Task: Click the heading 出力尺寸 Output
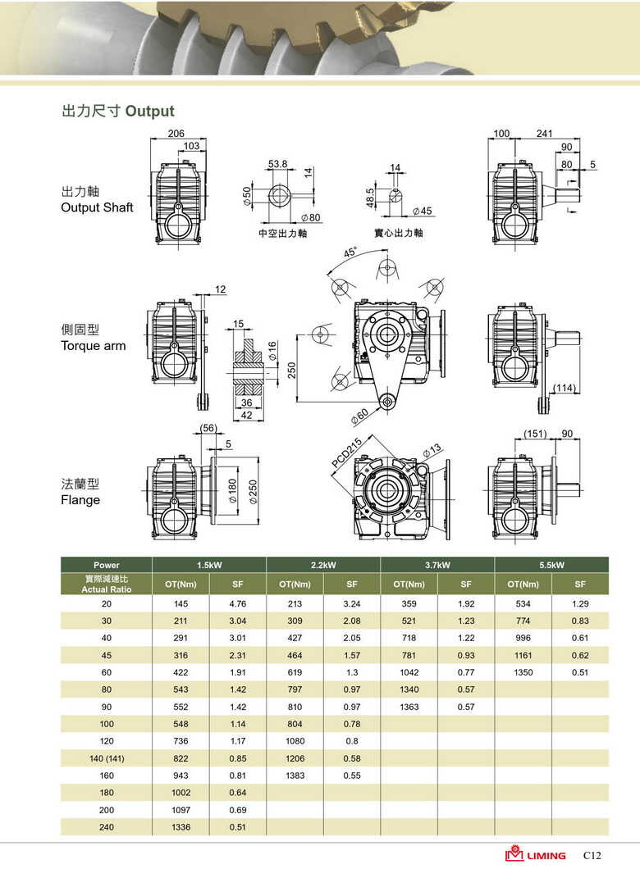(x=118, y=111)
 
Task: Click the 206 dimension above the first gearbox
(x=176, y=134)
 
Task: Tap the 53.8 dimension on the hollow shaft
(x=278, y=164)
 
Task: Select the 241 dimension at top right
(x=544, y=134)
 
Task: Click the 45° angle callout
(x=350, y=253)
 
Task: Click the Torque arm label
(x=93, y=346)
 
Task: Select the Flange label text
(x=80, y=500)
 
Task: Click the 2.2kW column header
(x=323, y=565)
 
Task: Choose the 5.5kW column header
(x=551, y=565)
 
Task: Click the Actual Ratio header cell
(x=106, y=585)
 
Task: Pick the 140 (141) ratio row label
(x=107, y=758)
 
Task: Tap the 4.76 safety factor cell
(x=237, y=603)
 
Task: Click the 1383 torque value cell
(x=295, y=776)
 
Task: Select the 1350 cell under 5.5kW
(x=523, y=672)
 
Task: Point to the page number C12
(x=592, y=855)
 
